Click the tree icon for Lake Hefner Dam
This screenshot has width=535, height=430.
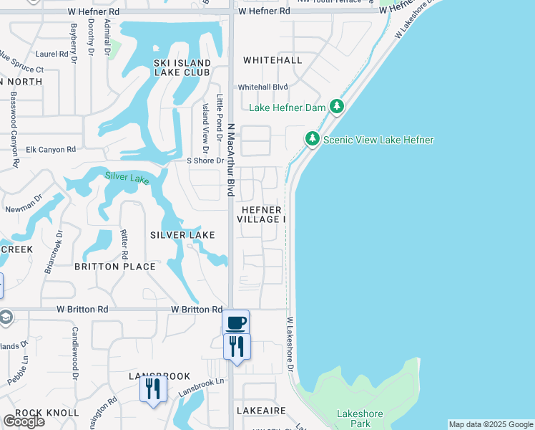pyautogui.click(x=338, y=107)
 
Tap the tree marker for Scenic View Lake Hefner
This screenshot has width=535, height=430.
pyautogui.click(x=312, y=139)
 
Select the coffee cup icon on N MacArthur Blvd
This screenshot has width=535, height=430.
pyautogui.click(x=236, y=323)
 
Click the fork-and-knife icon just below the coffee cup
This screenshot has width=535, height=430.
pyautogui.click(x=236, y=347)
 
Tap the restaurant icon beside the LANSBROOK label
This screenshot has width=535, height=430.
pyautogui.click(x=152, y=388)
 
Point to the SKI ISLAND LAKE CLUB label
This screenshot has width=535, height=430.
pyautogui.click(x=182, y=68)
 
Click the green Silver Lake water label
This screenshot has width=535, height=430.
pyautogui.click(x=127, y=177)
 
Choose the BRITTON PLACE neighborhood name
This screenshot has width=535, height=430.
pyautogui.click(x=115, y=267)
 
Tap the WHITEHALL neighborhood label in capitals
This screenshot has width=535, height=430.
pyautogui.click(x=273, y=60)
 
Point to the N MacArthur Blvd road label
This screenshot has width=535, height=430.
pyautogui.click(x=231, y=159)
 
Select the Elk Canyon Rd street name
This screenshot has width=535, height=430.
pyautogui.click(x=51, y=150)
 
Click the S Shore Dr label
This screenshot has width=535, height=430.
pyautogui.click(x=205, y=161)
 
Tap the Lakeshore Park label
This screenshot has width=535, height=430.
pyautogui.click(x=360, y=419)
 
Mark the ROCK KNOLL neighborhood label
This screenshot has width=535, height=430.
pyautogui.click(x=47, y=413)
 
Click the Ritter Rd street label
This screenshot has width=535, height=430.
pyautogui.click(x=124, y=244)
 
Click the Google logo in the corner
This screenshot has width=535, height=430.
pyautogui.click(x=24, y=421)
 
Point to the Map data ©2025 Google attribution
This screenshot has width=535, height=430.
pyautogui.click(x=491, y=424)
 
